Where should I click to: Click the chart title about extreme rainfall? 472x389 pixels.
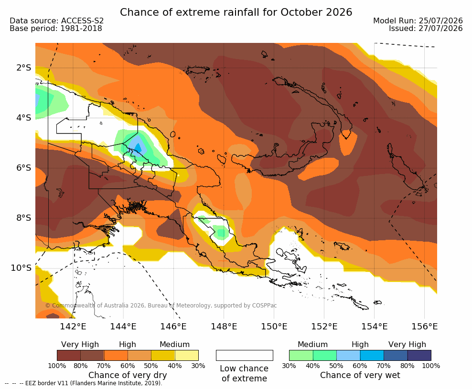tap(236, 12)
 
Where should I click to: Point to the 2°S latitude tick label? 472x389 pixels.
tap(24, 68)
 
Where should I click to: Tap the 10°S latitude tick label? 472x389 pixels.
tap(21, 268)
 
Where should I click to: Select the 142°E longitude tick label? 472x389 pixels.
tap(73, 327)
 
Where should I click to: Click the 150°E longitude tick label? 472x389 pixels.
tap(274, 327)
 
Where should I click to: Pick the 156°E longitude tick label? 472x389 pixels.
tap(424, 327)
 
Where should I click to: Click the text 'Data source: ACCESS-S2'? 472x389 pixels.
tap(56, 20)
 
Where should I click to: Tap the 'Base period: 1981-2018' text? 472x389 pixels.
tap(56, 29)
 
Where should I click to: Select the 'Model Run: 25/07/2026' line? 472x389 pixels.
tap(418, 20)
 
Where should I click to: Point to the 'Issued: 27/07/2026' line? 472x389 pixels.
tap(426, 29)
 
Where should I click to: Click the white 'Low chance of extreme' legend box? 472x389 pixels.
tap(245, 355)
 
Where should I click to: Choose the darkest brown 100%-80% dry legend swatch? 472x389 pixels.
tap(69, 355)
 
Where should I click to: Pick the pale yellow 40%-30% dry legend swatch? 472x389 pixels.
tap(187, 355)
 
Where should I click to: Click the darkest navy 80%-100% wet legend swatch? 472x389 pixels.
tap(419, 355)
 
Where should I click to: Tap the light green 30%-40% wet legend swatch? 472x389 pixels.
tap(301, 355)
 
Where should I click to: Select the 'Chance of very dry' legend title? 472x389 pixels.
tap(128, 375)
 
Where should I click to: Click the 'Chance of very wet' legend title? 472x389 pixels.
tap(360, 375)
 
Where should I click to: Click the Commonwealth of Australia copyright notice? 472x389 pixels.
tap(161, 306)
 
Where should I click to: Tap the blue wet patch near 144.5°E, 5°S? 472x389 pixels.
tap(137, 145)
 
